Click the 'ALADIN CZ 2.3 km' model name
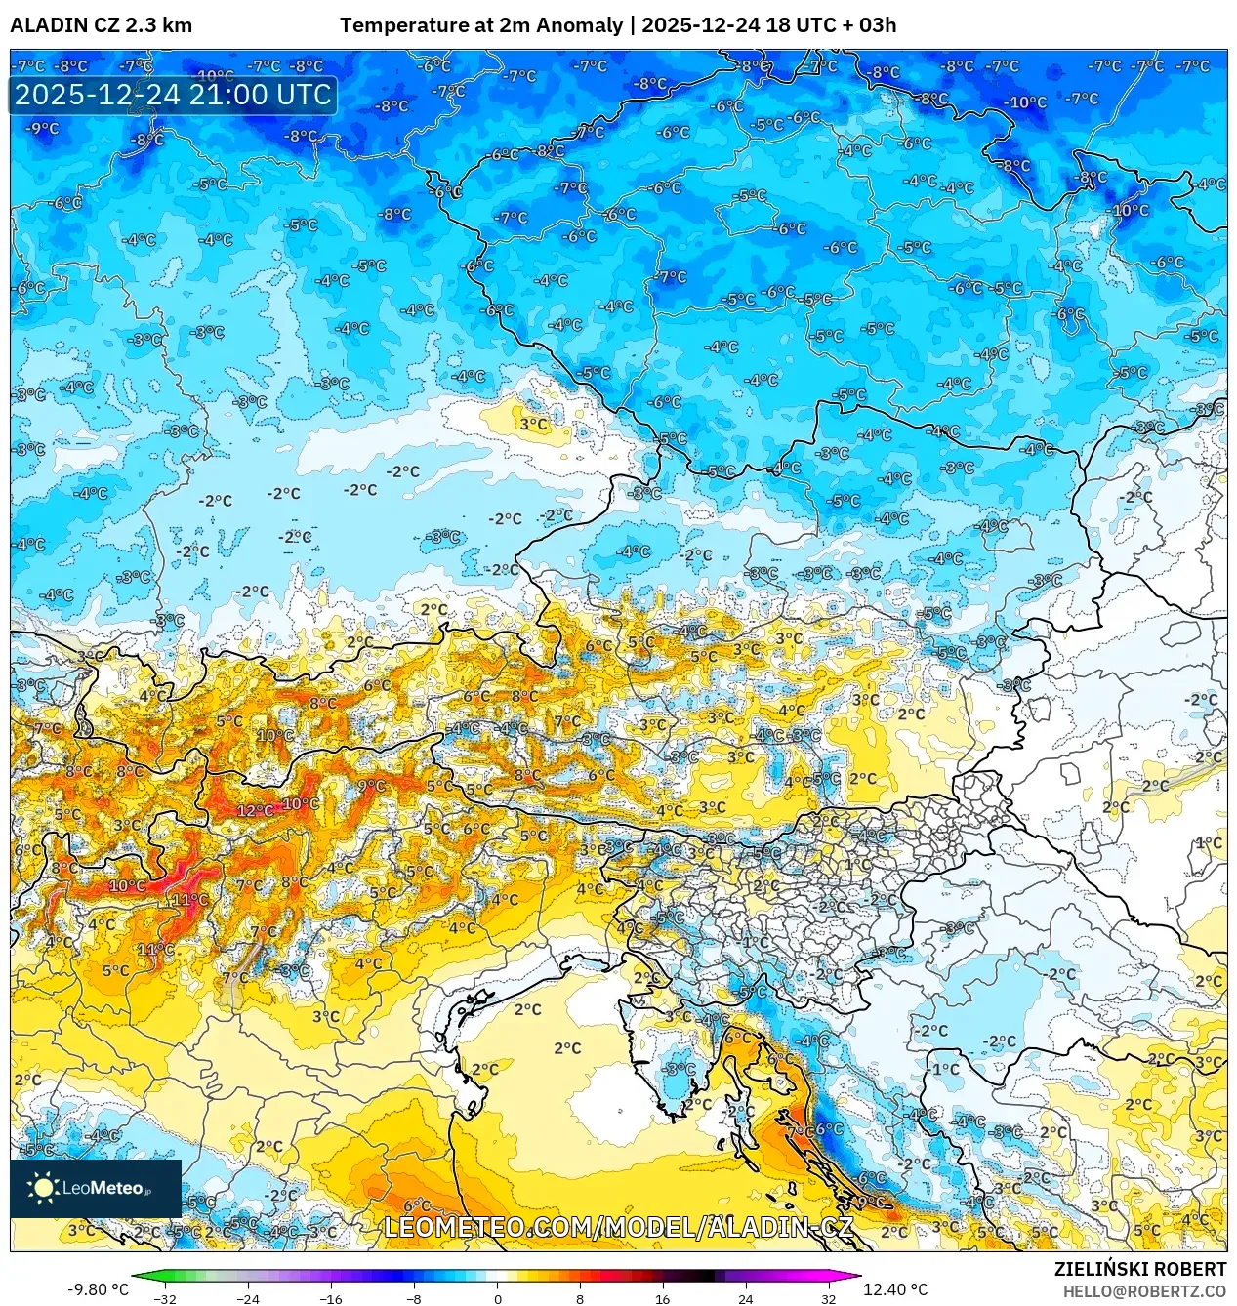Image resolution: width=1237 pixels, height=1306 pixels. click(101, 25)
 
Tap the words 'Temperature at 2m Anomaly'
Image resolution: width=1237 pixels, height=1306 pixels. click(481, 25)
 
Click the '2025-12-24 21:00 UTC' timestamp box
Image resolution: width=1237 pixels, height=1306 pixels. click(173, 96)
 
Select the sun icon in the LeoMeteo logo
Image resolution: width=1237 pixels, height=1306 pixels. click(43, 1188)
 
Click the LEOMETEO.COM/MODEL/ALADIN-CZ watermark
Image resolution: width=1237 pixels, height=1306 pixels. click(619, 1228)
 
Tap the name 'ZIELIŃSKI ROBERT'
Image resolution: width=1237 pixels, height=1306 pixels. click(1139, 1269)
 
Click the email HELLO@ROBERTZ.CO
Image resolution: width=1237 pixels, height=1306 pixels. click(1144, 1291)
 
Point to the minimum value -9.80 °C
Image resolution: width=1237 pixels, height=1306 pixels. click(98, 1289)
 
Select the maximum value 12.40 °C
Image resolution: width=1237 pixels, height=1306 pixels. click(895, 1289)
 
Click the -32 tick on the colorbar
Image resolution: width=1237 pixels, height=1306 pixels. click(165, 1298)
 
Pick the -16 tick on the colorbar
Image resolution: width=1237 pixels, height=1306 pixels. click(331, 1298)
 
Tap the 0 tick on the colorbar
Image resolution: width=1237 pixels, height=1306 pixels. click(497, 1298)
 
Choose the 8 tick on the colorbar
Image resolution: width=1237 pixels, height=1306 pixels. click(580, 1298)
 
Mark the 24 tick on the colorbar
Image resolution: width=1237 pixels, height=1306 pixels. click(746, 1298)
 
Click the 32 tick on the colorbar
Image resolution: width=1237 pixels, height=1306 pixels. click(829, 1298)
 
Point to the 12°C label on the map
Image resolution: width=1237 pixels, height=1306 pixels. click(255, 810)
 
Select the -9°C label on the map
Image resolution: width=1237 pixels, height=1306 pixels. click(42, 128)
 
